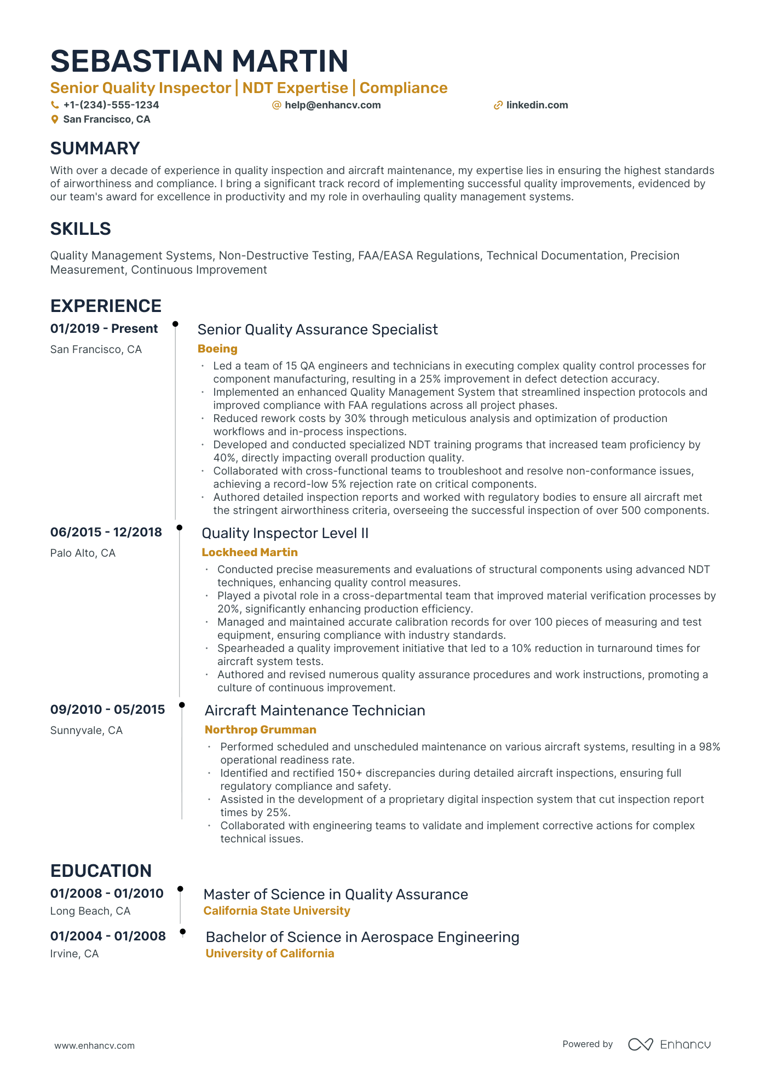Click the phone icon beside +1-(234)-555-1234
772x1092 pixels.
(54, 105)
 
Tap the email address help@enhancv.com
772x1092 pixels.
(332, 105)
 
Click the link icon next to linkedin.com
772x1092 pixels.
(498, 105)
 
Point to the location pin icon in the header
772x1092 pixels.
(54, 119)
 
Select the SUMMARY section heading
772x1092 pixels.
(95, 148)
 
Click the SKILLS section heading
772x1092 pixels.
(80, 229)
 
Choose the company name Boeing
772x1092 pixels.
(217, 349)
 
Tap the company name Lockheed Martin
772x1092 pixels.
(250, 552)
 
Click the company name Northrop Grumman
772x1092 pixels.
(260, 730)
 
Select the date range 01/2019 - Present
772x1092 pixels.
(104, 328)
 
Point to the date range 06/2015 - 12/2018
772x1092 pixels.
(106, 532)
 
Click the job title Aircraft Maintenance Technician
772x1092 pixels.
(315, 710)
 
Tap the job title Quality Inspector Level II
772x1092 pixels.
(285, 533)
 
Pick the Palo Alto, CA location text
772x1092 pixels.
(83, 553)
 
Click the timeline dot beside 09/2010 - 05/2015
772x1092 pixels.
(182, 705)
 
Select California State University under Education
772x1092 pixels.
(276, 911)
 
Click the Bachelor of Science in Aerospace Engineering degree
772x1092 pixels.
(362, 937)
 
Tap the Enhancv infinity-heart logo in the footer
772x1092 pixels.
(640, 1044)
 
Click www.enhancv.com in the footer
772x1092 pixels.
(94, 1045)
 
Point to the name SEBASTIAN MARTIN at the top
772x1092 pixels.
(199, 61)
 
